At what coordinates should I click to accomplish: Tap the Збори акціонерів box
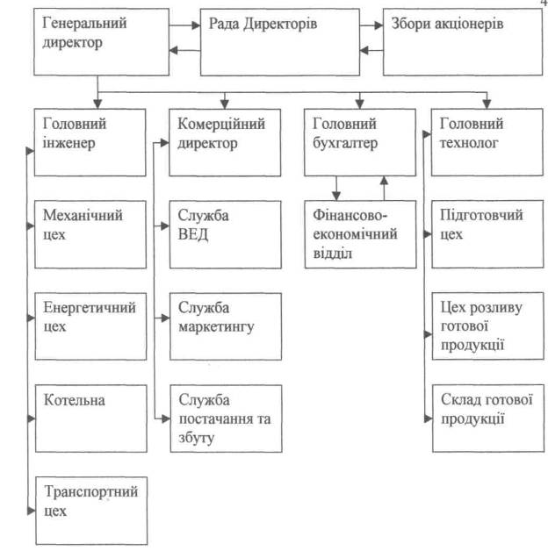point(458,41)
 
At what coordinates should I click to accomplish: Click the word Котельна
point(74,400)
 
